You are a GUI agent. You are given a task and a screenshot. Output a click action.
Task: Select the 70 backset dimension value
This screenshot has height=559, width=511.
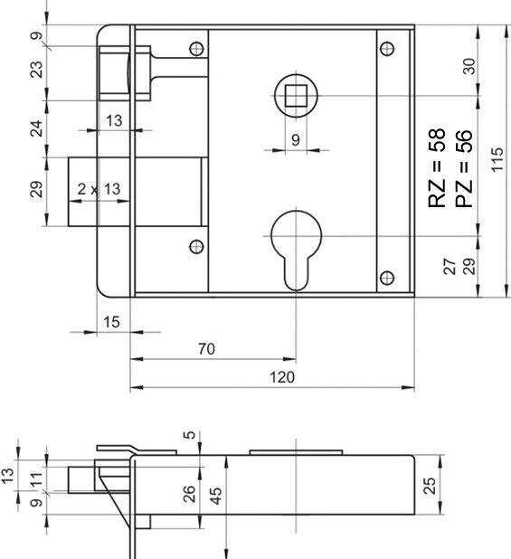205,348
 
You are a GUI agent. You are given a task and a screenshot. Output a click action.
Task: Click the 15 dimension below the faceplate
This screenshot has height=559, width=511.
111,321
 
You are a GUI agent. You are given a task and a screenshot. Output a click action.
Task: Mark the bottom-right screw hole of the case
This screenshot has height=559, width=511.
387,277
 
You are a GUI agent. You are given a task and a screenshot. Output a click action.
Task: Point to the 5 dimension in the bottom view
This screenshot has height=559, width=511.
189,435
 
